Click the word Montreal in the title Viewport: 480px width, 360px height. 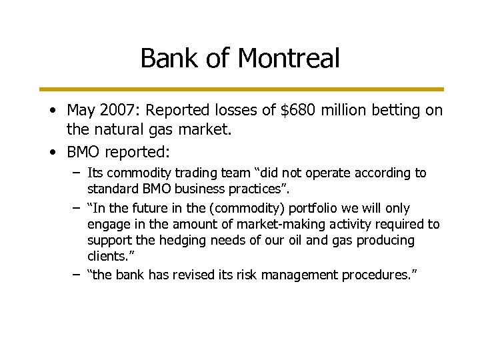pyautogui.click(x=289, y=59)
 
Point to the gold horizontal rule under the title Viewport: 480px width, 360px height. pyautogui.click(x=240, y=88)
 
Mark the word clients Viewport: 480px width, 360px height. pyautogui.click(x=107, y=255)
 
